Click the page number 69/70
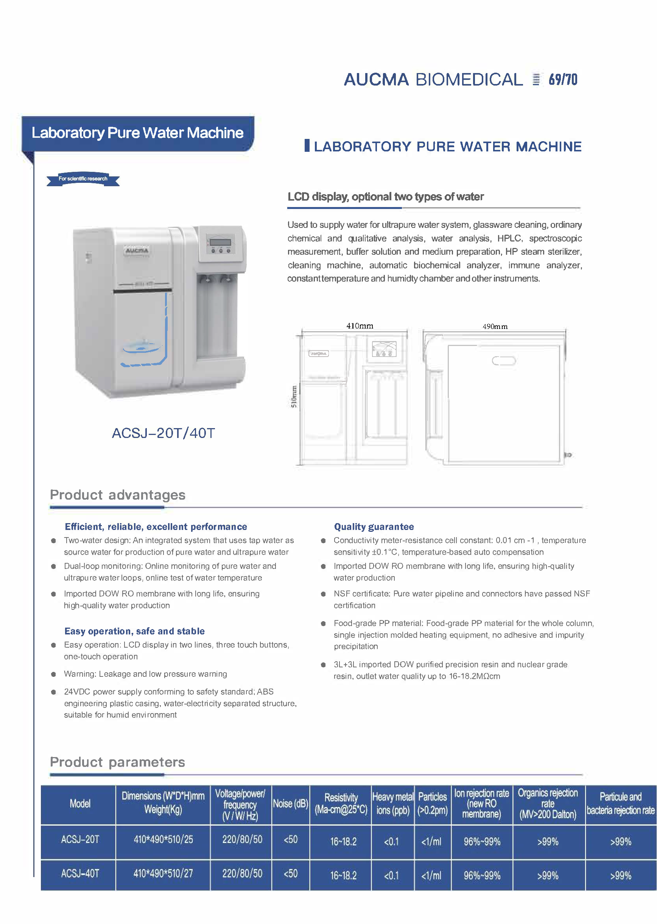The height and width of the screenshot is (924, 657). click(x=562, y=80)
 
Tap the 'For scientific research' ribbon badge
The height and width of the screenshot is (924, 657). click(x=83, y=179)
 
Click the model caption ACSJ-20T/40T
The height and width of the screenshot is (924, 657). click(x=163, y=433)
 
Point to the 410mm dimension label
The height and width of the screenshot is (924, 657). click(x=359, y=326)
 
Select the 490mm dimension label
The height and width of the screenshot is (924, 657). click(x=494, y=326)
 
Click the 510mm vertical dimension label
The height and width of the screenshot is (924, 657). click(x=294, y=396)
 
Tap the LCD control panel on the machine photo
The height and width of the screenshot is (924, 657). click(x=221, y=244)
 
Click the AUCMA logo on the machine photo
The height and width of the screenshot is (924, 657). click(x=137, y=251)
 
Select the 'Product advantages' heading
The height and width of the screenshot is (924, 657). click(x=117, y=495)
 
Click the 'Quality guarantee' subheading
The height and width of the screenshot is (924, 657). click(x=374, y=527)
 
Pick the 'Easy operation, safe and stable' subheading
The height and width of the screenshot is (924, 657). click(x=134, y=631)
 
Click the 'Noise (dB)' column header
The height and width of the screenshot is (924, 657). click(x=291, y=804)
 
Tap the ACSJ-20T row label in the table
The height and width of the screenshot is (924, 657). click(x=80, y=840)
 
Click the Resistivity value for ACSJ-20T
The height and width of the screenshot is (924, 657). click(x=343, y=841)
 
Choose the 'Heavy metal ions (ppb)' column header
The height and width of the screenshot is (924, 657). click(x=392, y=804)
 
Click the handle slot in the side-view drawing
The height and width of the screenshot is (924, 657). click(x=504, y=360)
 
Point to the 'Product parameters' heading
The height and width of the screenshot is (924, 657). click(x=117, y=762)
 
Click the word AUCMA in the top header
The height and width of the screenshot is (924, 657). click(x=376, y=80)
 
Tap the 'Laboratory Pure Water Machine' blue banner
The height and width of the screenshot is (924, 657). click(x=137, y=133)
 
